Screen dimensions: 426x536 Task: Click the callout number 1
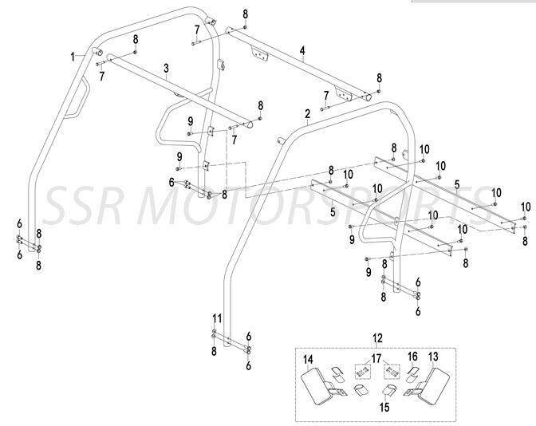pos(73,57)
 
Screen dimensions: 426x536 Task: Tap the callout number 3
pos(165,69)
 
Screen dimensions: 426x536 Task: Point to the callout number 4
pos(302,50)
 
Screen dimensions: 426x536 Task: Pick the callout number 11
pos(216,318)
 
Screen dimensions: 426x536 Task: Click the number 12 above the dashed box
pos(377,338)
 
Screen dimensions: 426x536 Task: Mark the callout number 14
pos(309,358)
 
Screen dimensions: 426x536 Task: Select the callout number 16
pos(412,356)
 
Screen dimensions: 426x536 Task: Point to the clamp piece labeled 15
pos(391,391)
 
